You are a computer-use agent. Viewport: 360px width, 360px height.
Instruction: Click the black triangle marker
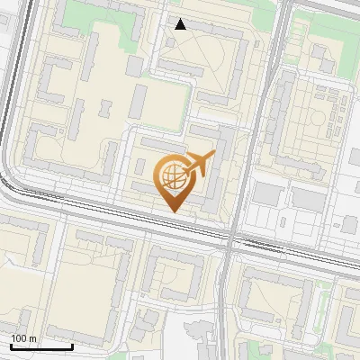pos(180,24)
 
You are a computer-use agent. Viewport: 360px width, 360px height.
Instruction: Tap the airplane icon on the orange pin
pos(199,165)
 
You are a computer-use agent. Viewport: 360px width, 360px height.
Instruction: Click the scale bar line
pos(41,346)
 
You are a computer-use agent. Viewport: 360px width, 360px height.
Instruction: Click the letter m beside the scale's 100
pos(33,338)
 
